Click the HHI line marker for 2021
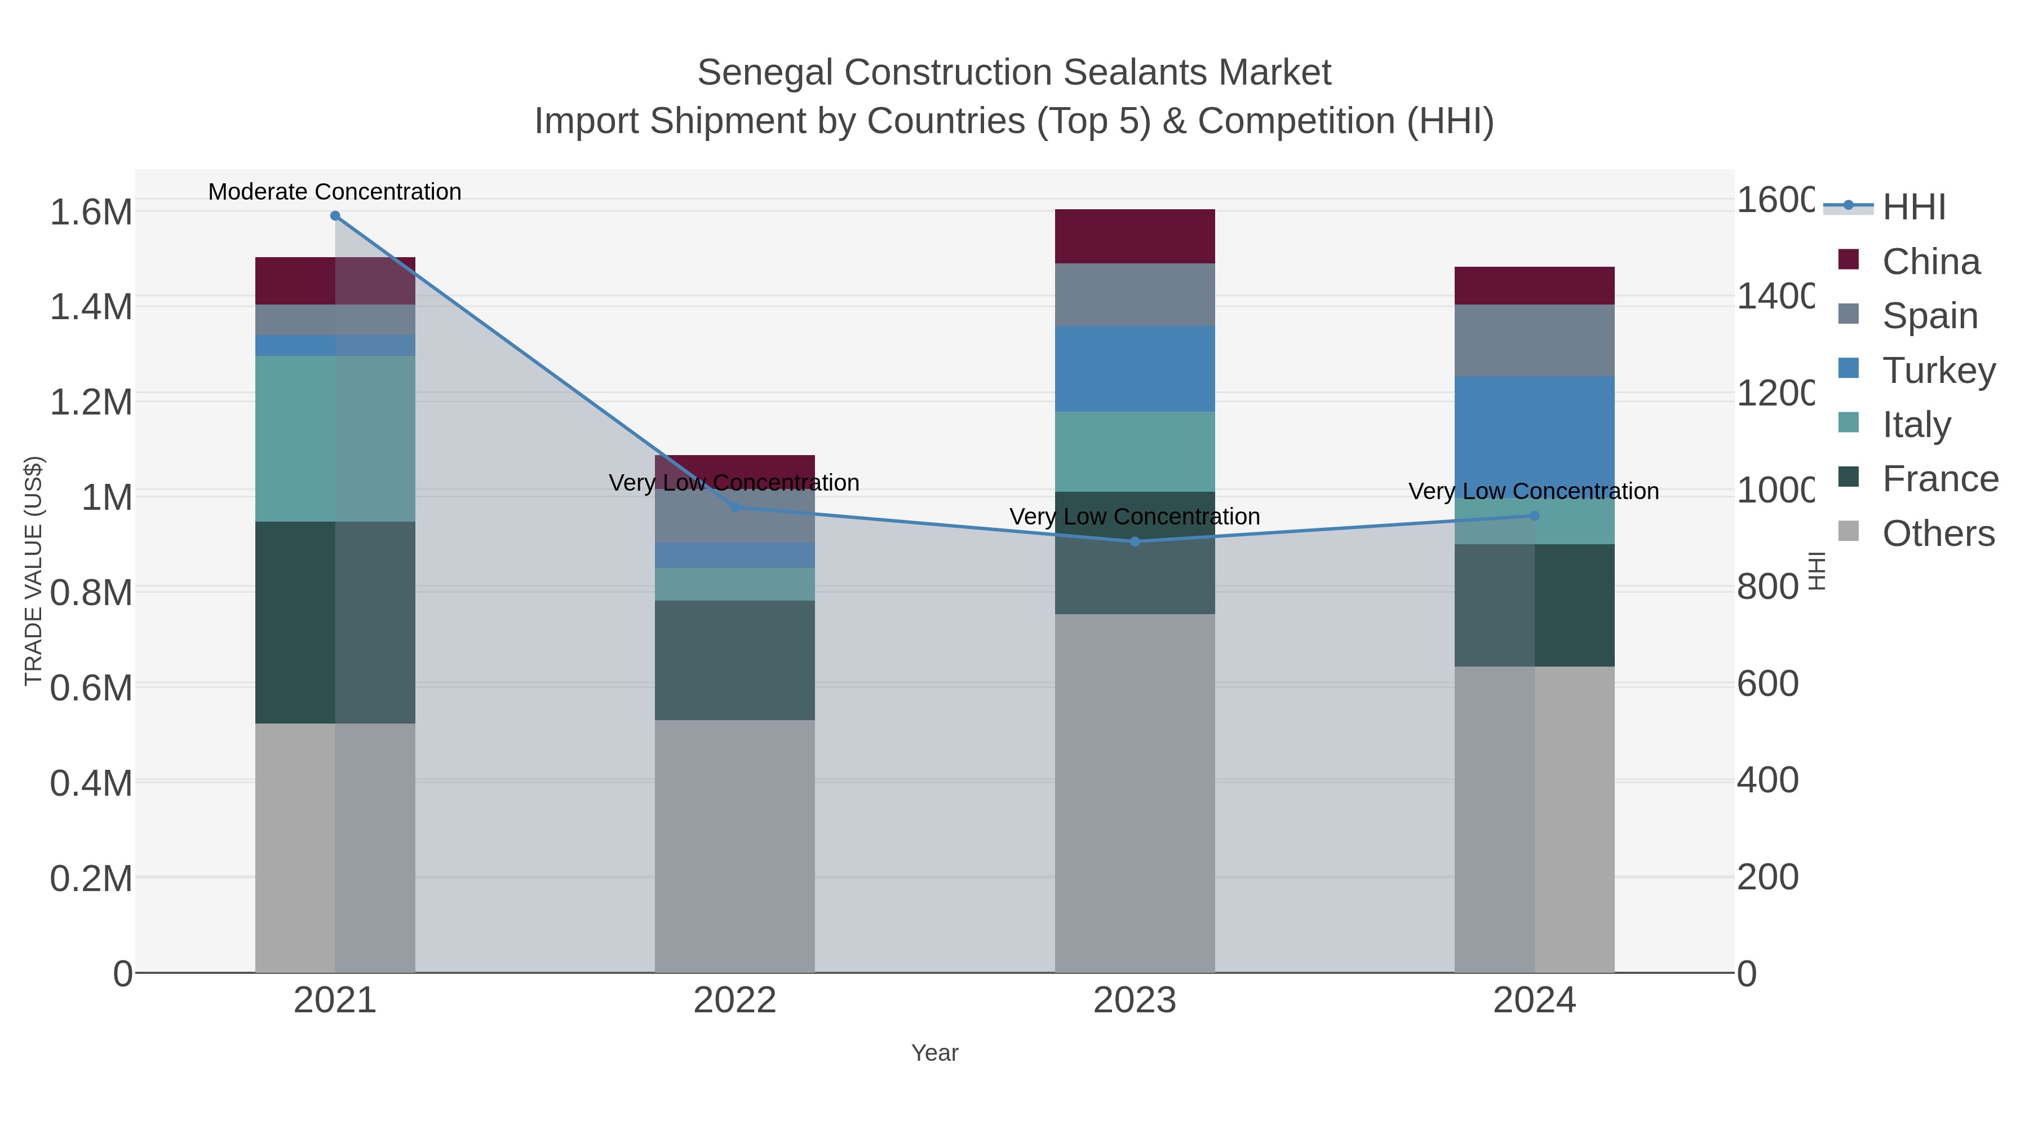coord(335,216)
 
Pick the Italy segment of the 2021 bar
coord(335,438)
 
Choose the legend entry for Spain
coord(1929,316)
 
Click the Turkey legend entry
coord(1938,371)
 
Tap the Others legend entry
coord(1938,533)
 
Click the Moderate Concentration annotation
coord(335,192)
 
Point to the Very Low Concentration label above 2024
coord(1534,491)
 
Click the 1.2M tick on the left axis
coord(91,402)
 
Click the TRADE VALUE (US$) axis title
coord(34,571)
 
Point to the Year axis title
coord(935,1053)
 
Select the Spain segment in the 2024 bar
coord(1534,341)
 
